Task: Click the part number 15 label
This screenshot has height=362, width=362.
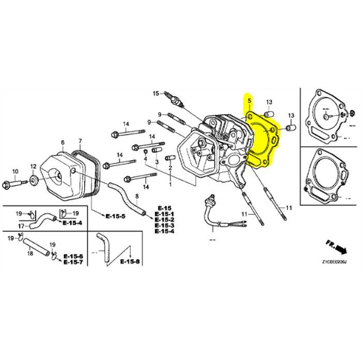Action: tap(155, 93)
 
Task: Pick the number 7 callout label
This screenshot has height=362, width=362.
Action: tap(80, 141)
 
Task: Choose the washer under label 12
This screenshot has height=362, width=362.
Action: tap(34, 180)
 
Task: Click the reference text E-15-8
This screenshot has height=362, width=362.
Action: tap(130, 262)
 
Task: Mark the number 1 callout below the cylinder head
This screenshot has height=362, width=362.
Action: tap(171, 183)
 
